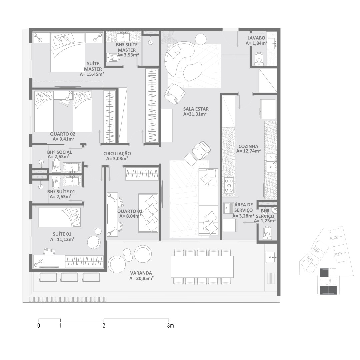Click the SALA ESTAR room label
coord(196,109)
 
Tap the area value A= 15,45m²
coord(92,74)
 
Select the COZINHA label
coord(248,146)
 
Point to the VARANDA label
coord(141,273)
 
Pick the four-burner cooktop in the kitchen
coord(229,186)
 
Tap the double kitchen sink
coord(271,163)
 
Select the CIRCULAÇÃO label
coord(117,154)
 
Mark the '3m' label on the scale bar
coord(170,326)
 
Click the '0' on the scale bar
coord(39,326)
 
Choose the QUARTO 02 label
coord(63,134)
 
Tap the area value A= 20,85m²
coord(141,278)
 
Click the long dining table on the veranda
coord(203,267)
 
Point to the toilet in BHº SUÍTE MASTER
coord(113,57)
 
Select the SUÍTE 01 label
coord(62,234)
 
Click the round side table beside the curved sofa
coord(201,39)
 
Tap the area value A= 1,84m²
coord(256,43)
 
